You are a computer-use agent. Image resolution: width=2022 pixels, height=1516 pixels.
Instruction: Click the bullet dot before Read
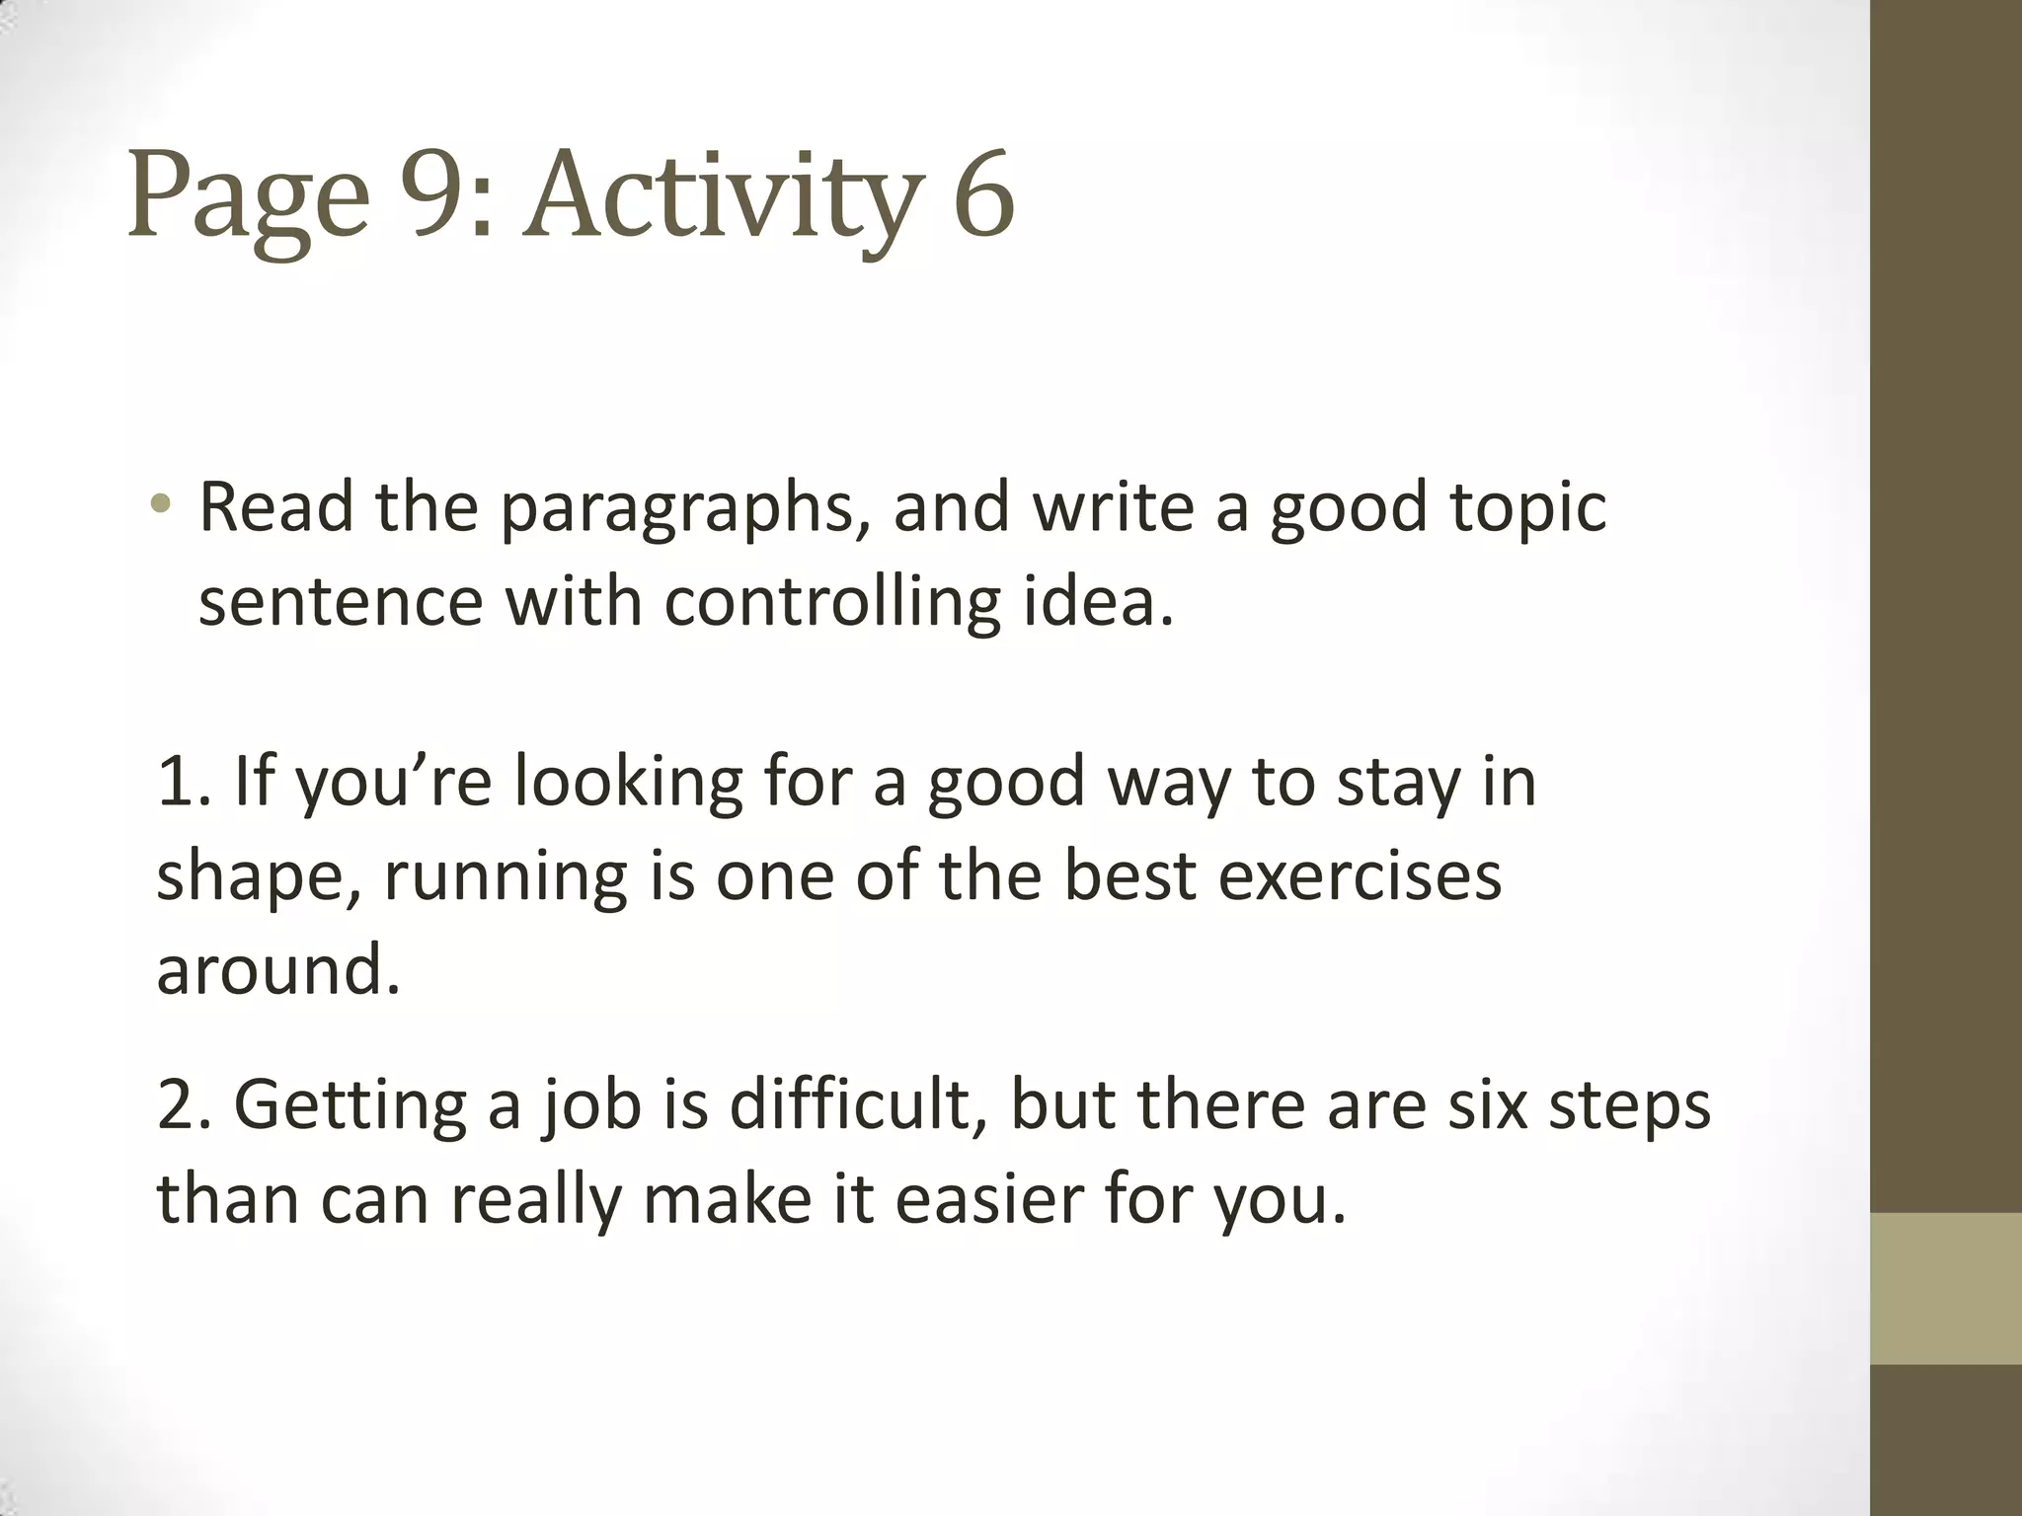click(x=161, y=506)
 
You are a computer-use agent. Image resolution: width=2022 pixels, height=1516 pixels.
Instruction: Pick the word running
click(x=505, y=877)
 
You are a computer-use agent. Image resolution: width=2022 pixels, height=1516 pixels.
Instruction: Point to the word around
click(x=277, y=969)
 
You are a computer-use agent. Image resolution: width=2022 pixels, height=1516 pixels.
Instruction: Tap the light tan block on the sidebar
click(x=1946, y=1288)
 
